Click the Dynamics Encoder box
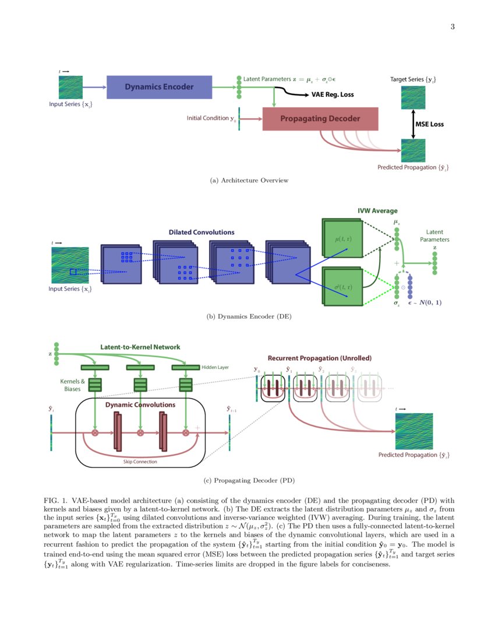tap(159, 87)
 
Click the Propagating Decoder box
tap(320, 119)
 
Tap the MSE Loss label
tap(429, 124)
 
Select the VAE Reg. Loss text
tap(333, 94)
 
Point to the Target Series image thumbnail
tap(413, 97)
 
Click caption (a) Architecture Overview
tap(249, 180)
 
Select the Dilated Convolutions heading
tap(201, 232)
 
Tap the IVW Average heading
tap(377, 211)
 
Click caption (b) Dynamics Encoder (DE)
tap(249, 316)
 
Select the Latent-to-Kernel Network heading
tap(140, 347)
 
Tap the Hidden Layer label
tap(215, 368)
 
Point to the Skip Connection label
tap(140, 462)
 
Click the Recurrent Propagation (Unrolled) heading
tap(319, 358)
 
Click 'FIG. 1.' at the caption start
tap(55, 501)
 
